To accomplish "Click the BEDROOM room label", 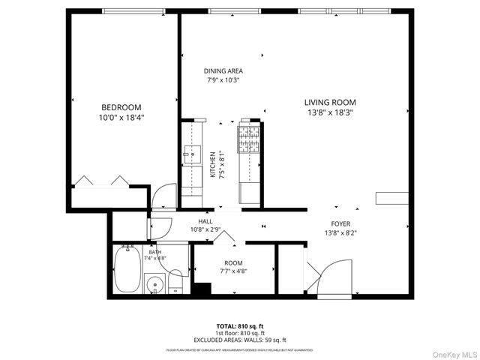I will tap(121, 107).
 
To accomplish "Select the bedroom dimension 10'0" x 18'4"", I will tap(121, 118).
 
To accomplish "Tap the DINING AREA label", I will tap(223, 71).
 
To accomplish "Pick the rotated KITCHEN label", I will tap(213, 163).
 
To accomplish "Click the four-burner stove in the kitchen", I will tap(248, 139).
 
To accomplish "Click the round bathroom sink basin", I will tap(155, 284).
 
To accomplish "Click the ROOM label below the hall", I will tap(233, 262).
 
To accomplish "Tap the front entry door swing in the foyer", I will tap(331, 276).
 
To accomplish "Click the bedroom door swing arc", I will tap(160, 198).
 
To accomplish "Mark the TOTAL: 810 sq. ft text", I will tap(240, 326).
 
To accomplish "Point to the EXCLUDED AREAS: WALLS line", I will tap(240, 339).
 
